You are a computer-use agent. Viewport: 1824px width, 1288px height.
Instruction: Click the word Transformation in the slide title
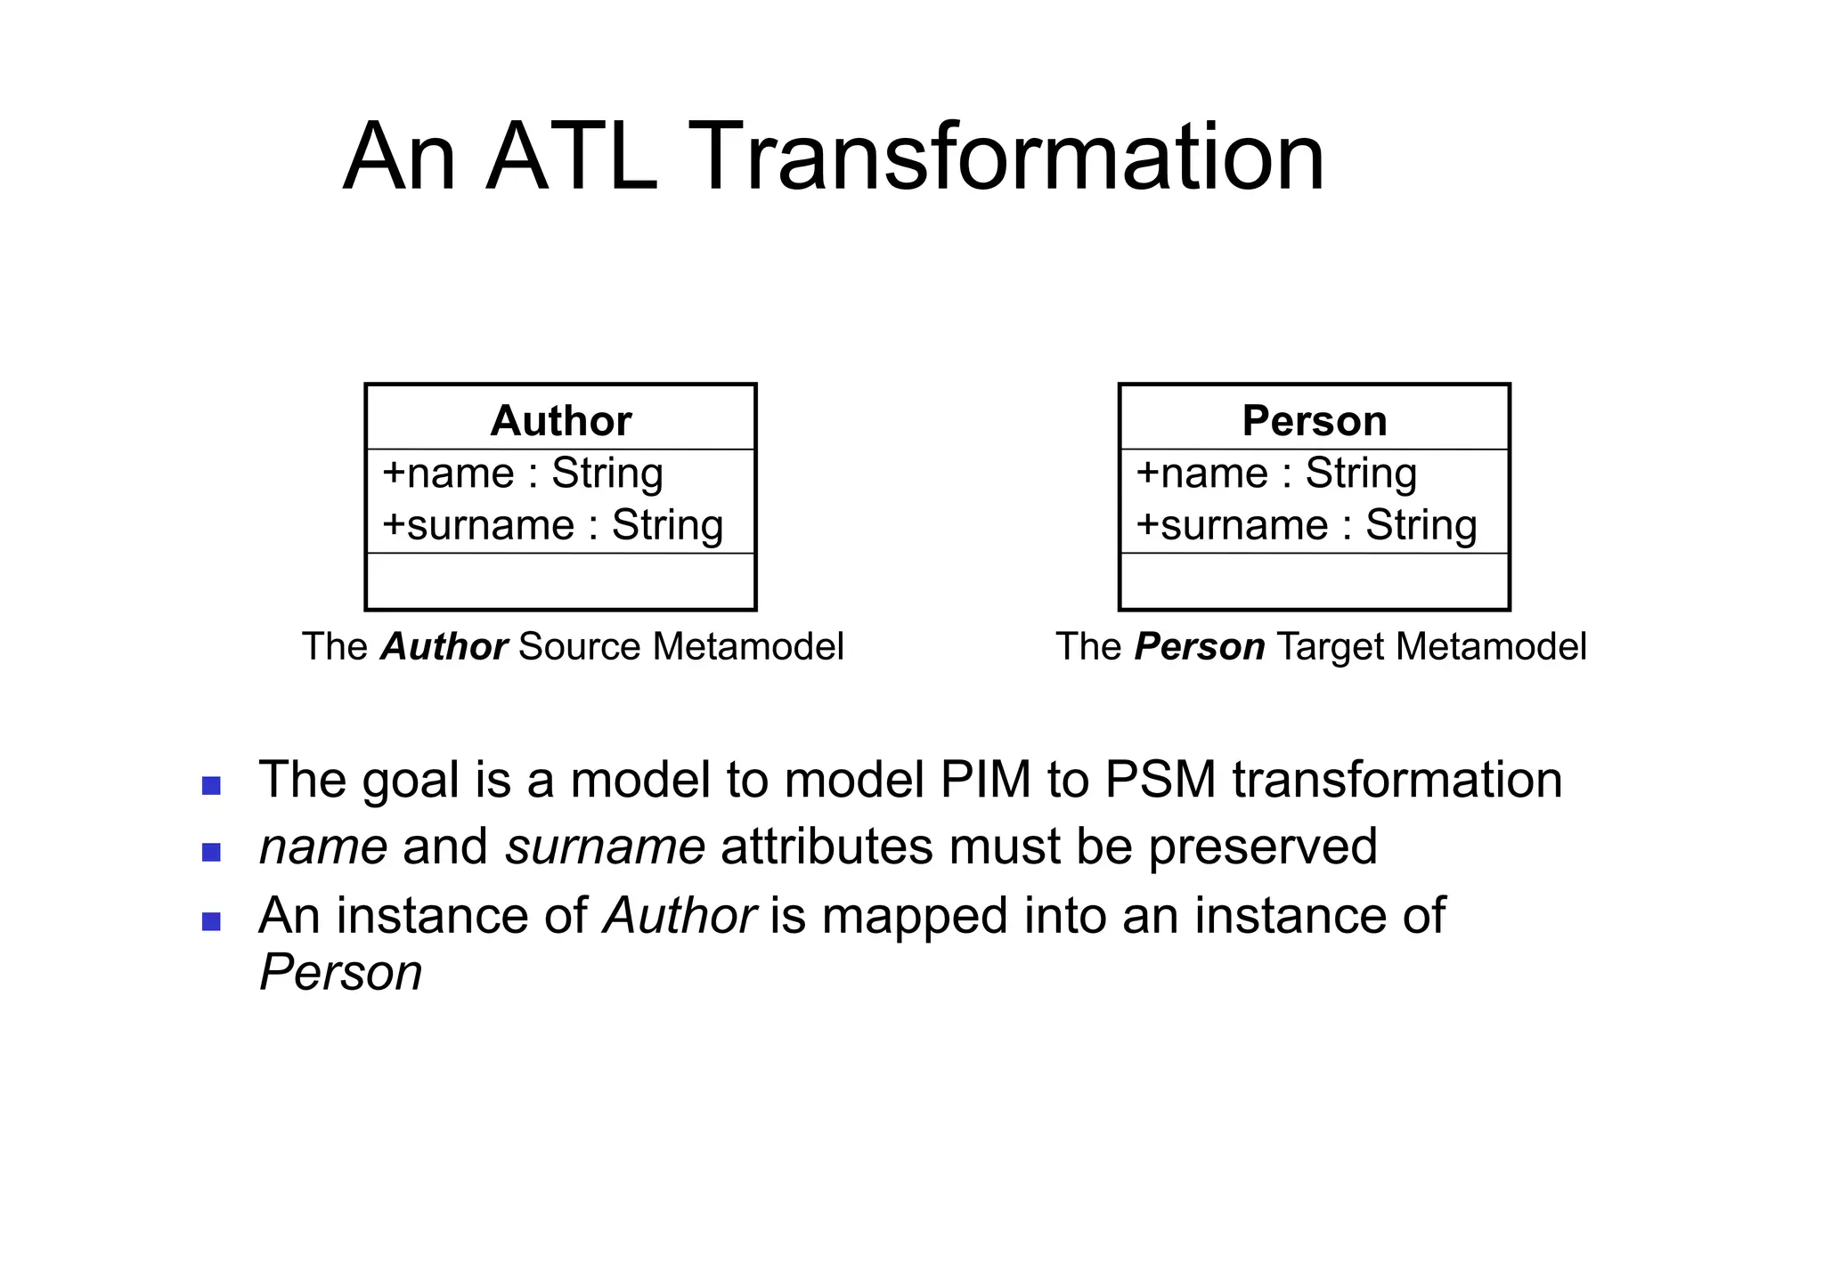click(x=1006, y=158)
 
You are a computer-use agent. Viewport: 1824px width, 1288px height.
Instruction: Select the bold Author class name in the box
click(x=560, y=420)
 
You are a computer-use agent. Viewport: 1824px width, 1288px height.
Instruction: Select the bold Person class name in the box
click(x=1315, y=420)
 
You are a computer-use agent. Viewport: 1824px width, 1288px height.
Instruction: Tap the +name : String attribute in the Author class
click(x=523, y=473)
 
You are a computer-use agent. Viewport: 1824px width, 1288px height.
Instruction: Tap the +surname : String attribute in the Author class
click(x=552, y=524)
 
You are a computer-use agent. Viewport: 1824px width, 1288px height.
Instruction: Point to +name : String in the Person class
click(x=1276, y=473)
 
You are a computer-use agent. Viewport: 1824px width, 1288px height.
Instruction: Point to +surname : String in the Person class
click(x=1307, y=524)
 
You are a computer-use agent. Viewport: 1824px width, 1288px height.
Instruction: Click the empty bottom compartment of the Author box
click(x=560, y=581)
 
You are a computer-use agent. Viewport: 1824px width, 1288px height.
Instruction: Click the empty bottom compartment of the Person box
click(x=1315, y=581)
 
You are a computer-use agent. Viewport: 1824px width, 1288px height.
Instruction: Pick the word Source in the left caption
click(x=580, y=646)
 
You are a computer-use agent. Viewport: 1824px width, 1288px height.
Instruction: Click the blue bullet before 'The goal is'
click(x=211, y=785)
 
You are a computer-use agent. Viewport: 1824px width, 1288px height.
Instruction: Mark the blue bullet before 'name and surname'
click(x=211, y=852)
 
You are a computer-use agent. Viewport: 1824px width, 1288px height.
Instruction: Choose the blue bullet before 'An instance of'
click(x=211, y=921)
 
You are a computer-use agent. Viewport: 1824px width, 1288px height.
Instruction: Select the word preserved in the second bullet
click(x=1262, y=847)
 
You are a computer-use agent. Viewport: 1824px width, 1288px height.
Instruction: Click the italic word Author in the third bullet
click(x=680, y=915)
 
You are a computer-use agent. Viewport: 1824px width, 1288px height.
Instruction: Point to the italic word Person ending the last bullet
click(x=340, y=972)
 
